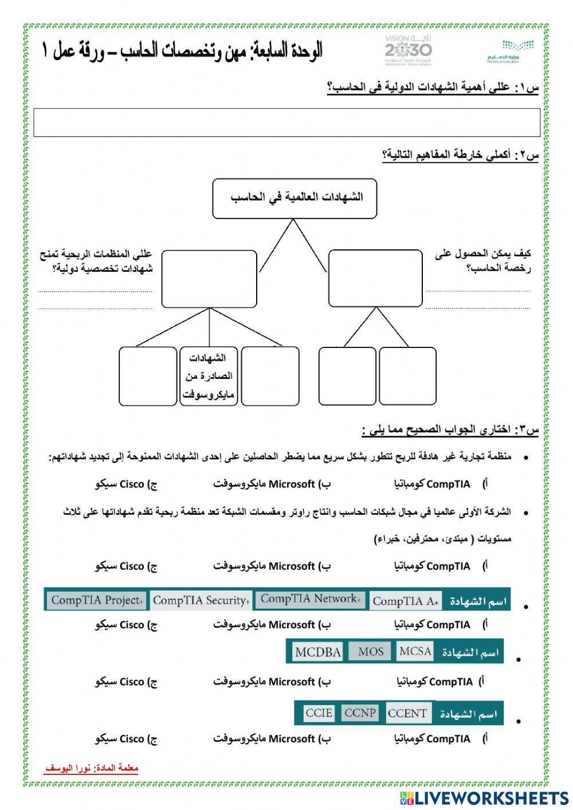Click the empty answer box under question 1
coord(286,122)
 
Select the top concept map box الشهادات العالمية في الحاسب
coord(295,198)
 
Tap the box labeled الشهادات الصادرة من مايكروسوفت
coord(209,376)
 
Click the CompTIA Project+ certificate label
coord(96,600)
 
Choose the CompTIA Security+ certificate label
coord(201,600)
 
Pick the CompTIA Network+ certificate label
coord(310,599)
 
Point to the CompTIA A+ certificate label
coord(406,601)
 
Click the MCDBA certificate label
coord(317,652)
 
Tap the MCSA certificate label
coord(415,651)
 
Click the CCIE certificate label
coord(319,713)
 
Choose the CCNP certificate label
coord(360,713)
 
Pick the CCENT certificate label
coord(407,713)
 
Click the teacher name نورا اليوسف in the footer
coord(92,768)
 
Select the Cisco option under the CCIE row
coord(126,739)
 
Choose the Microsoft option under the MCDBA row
coord(272,682)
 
